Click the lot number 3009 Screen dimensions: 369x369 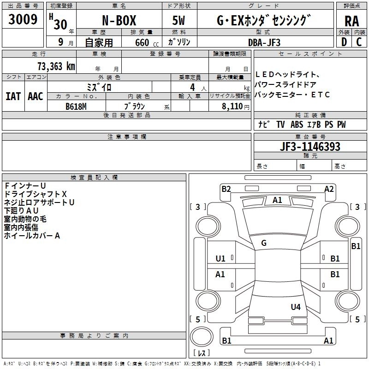pos(23,19)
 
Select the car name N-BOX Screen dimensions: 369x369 pos(119,20)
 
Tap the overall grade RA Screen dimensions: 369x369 pos(352,21)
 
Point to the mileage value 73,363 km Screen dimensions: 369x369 pos(56,66)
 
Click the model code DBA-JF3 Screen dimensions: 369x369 pos(264,42)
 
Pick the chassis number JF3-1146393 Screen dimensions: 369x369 pos(310,146)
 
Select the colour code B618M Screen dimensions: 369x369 pos(76,107)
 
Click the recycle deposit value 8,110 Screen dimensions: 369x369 pos(232,107)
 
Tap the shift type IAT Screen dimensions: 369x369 pos(13,96)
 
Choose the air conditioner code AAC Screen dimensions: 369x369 pos(36,96)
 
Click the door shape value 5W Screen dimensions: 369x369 pos(179,20)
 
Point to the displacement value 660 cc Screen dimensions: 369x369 pos(147,42)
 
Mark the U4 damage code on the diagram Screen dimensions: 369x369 pos(296,307)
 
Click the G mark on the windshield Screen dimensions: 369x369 pos(264,243)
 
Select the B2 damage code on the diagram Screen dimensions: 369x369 pos(226,189)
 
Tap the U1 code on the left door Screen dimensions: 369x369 pos(220,259)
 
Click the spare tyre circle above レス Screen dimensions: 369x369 pos(202,337)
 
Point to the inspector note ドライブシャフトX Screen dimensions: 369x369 pos(36,194)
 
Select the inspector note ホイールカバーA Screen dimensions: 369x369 pos(32,236)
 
